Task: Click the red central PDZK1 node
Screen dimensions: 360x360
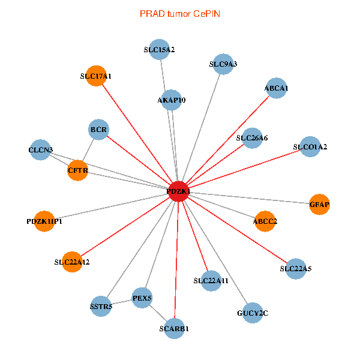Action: click(178, 191)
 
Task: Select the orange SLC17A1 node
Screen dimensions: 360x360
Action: click(96, 76)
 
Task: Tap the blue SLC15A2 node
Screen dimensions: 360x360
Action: click(159, 50)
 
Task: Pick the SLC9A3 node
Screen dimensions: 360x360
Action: click(223, 64)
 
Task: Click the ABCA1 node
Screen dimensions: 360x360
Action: click(276, 88)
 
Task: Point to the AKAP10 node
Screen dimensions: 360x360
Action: click(171, 100)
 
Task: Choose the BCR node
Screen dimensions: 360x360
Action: click(98, 129)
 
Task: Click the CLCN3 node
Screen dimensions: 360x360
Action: click(41, 149)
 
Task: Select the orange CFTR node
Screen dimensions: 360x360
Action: click(78, 170)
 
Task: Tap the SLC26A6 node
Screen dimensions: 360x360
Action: click(252, 138)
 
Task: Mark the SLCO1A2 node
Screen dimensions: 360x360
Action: click(310, 146)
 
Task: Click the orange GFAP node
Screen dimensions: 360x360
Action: click(319, 205)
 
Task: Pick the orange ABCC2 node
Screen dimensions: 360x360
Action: click(265, 221)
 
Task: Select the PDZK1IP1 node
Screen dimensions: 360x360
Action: click(44, 221)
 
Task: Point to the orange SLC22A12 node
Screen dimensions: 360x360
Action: click(72, 262)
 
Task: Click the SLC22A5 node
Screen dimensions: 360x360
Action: click(296, 268)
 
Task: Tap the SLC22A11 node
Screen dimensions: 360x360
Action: click(211, 280)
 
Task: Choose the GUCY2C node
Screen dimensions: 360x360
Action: click(253, 313)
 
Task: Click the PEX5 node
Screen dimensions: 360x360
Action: click(142, 298)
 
